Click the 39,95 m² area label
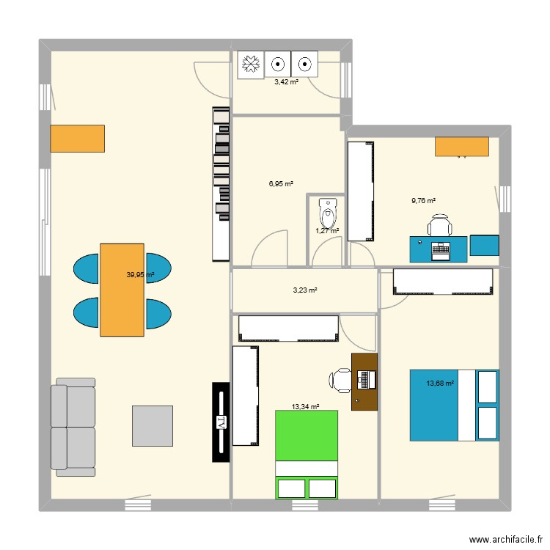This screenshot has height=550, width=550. pos(140,275)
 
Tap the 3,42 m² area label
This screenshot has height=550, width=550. pos(286,82)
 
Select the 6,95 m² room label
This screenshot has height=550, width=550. pos(280,184)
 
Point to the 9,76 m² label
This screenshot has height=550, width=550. pos(422,200)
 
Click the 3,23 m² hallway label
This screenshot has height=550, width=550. pos(305,290)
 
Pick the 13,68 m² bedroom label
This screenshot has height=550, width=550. pos(440,383)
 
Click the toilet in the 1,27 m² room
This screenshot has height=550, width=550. pos(327,215)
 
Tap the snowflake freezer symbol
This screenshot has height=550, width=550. pos(252,65)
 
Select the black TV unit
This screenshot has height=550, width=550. pos(221,422)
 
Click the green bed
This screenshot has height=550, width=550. pos(307,455)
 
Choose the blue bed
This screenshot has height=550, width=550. pos(454,405)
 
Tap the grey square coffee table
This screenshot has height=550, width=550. pos(153,425)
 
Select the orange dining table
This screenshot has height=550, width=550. pos(122,289)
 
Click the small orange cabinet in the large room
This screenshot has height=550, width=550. pos(77,138)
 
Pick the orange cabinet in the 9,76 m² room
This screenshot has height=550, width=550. pos(461,147)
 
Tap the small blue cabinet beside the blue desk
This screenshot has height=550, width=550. pos(484,245)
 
